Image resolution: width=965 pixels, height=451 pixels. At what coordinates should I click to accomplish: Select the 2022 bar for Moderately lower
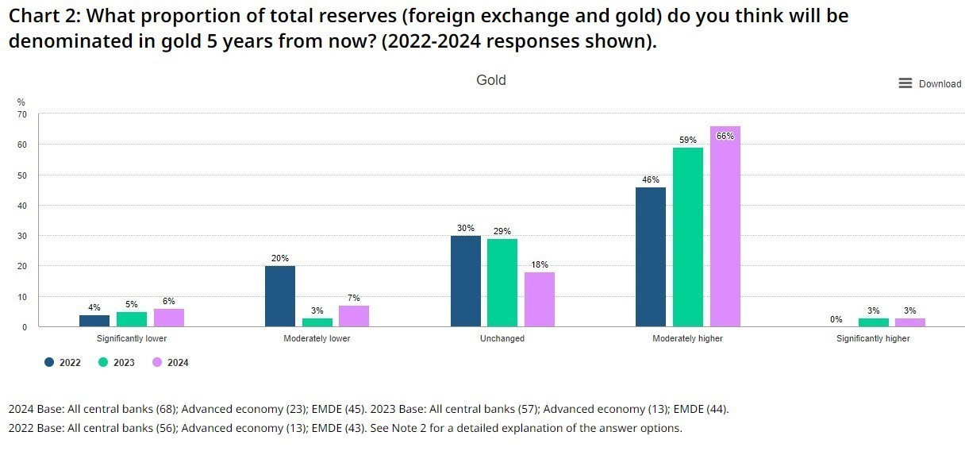280,296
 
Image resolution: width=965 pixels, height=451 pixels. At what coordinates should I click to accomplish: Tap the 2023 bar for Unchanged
502,283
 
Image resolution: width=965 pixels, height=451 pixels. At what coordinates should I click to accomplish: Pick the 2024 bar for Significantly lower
168,318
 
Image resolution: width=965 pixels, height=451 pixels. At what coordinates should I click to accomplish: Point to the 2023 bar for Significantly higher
873,322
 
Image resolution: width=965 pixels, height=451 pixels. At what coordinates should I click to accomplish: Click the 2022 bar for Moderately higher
651,256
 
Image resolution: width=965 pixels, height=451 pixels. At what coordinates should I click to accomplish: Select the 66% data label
725,136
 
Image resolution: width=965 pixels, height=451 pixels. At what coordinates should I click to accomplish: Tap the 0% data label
836,319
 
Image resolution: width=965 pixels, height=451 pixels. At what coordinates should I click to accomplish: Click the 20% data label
280,258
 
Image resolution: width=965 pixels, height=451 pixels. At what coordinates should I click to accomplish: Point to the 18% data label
540,264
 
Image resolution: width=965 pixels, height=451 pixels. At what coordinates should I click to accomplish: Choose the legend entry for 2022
63,363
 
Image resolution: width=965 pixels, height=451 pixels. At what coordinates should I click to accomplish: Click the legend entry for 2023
117,363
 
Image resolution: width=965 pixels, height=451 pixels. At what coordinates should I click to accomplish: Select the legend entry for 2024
171,363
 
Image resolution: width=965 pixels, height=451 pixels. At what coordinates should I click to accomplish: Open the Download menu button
929,83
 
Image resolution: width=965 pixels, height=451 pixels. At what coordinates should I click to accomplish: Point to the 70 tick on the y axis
22,114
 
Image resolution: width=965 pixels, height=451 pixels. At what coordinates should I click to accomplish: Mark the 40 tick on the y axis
22,206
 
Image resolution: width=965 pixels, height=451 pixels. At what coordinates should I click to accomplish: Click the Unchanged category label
502,338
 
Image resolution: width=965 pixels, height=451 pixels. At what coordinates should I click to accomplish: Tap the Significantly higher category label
873,338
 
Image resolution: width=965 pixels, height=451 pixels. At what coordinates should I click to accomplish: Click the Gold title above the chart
490,80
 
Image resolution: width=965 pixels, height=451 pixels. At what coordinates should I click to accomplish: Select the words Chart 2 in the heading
39,15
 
